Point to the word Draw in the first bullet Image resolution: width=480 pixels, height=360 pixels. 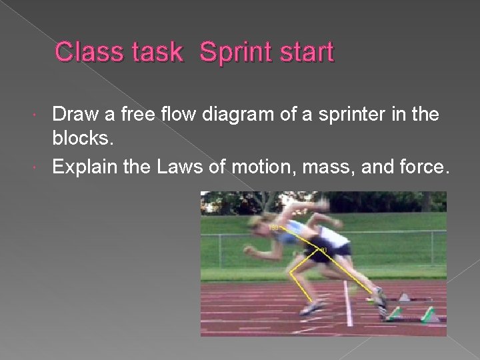coord(75,115)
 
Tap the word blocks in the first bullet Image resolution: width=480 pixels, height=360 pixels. coord(79,140)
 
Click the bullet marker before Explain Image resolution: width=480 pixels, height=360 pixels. coord(43,167)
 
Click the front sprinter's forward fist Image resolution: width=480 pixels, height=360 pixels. coord(249,251)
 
